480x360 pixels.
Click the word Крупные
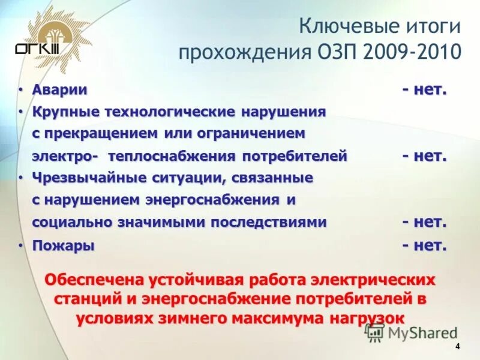coord(64,112)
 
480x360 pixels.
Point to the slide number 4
coord(457,347)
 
